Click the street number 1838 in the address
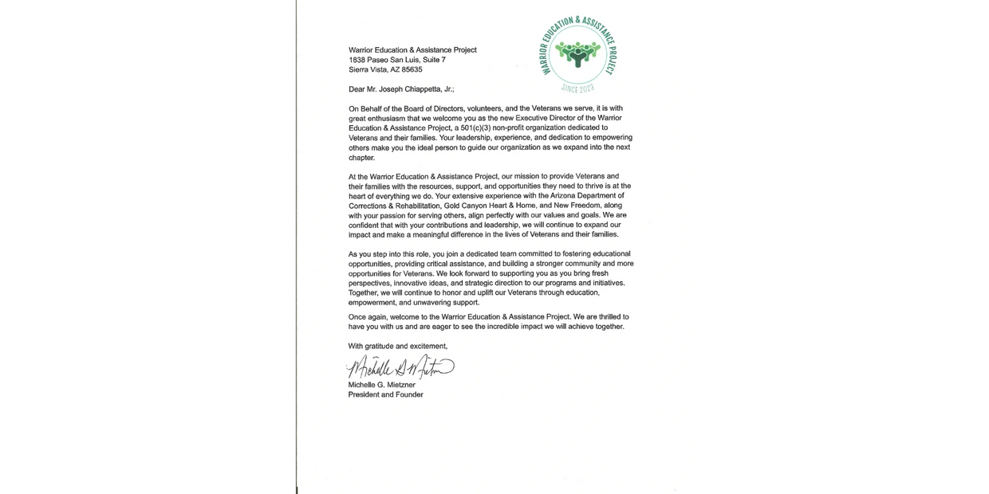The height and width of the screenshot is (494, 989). pos(357,60)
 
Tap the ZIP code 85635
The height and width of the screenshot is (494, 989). pos(412,69)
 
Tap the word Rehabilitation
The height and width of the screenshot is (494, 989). pos(413,205)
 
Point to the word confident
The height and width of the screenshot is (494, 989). pos(366,225)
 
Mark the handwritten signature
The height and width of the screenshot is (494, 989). pos(400,367)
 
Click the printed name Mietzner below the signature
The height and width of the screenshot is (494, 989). pos(398,385)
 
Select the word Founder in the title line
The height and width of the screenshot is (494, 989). pos(406,394)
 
